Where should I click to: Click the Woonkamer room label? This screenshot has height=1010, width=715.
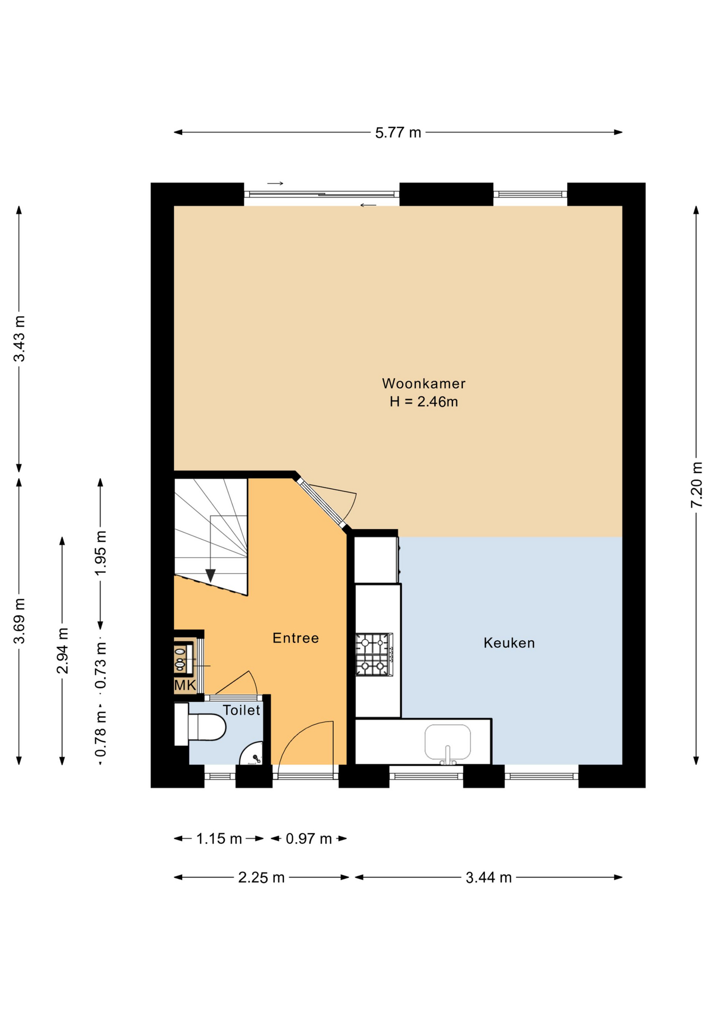[423, 383]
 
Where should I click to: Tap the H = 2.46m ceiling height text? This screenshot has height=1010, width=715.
[423, 402]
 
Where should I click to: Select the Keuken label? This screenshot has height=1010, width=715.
[509, 643]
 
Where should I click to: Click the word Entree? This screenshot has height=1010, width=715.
[295, 638]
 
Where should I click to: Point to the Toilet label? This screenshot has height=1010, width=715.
[242, 710]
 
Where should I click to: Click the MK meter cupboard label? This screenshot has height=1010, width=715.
[185, 685]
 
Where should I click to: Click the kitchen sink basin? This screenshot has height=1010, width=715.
[448, 742]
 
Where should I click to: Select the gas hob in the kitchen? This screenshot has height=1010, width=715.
[374, 654]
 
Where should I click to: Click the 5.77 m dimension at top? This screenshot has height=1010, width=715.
[398, 133]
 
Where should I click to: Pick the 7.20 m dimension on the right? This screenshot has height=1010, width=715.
[696, 484]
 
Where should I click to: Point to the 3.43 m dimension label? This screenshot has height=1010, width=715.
[19, 339]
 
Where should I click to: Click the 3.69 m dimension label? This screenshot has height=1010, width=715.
[19, 621]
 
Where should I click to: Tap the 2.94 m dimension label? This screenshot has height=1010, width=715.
[62, 651]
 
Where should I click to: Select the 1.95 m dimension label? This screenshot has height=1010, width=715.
[100, 553]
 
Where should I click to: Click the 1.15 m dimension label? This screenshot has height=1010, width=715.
[219, 839]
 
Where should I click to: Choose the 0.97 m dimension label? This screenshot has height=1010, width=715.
[309, 839]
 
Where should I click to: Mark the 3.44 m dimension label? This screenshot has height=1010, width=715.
[489, 877]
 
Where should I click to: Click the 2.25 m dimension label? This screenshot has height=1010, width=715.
[261, 877]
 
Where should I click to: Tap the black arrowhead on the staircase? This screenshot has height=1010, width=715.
[211, 575]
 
